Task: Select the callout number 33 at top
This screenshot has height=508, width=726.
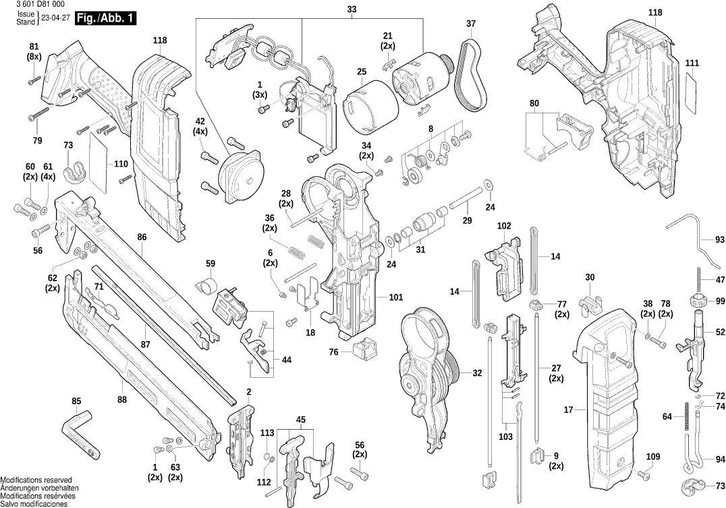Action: tap(352, 9)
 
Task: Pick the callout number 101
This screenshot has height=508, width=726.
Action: tap(395, 297)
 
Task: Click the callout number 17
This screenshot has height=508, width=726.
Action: tap(568, 410)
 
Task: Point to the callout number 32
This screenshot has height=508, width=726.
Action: tap(477, 372)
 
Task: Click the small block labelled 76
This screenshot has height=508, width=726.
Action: tap(362, 347)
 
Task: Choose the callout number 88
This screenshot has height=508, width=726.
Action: tap(121, 399)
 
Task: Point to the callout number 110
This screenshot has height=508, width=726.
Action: tap(121, 164)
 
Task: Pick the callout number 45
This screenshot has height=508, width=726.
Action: tap(300, 420)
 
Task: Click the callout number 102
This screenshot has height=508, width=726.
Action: tap(504, 225)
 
